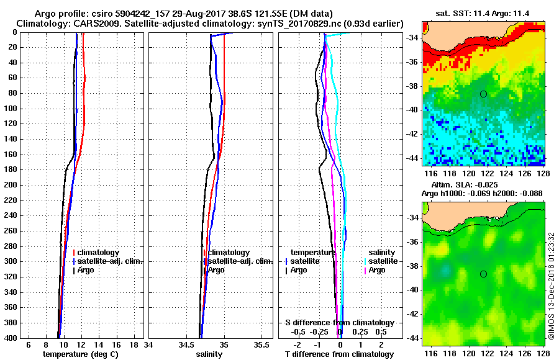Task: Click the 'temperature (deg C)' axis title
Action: tap(80, 354)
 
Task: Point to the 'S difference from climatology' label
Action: tap(339, 323)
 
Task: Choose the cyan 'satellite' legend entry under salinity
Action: tap(381, 261)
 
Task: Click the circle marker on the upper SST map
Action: tap(483, 94)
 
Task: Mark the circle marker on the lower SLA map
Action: tap(483, 274)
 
